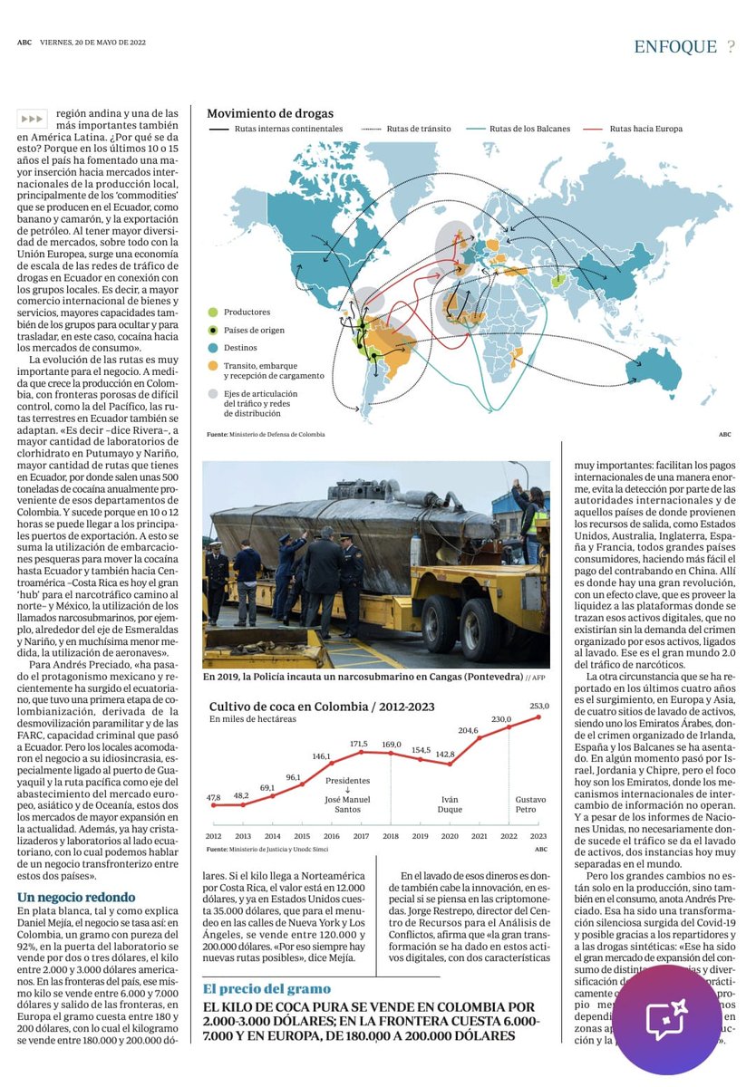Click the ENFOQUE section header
tap(674, 47)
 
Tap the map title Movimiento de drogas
tap(270, 113)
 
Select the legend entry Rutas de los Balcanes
tap(529, 129)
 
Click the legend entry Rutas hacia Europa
tap(645, 129)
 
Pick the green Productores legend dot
tap(212, 312)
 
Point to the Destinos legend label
tap(241, 347)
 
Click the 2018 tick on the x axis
tap(392, 837)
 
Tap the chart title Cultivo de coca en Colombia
tap(322, 707)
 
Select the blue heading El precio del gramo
tap(267, 988)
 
